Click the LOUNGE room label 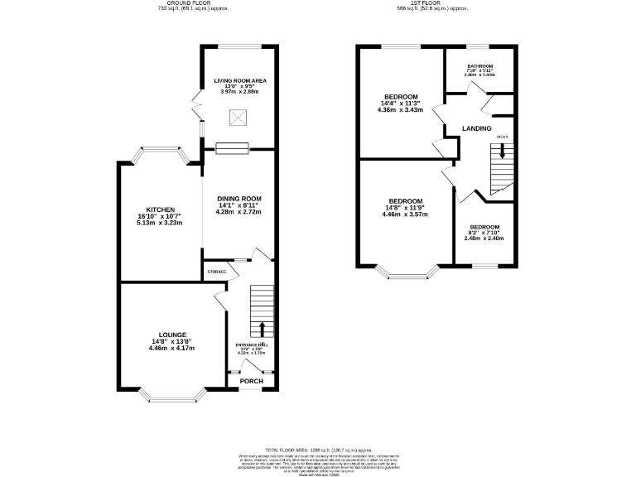(172, 335)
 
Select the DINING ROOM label (239, 199)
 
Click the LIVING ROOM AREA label (240, 80)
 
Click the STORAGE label (217, 272)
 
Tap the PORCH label (251, 382)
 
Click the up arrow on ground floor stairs (263, 329)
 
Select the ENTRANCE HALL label (252, 344)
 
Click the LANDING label (477, 128)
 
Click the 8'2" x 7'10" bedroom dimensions (484, 233)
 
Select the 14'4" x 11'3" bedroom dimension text (400, 104)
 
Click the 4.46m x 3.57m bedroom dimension (406, 214)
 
